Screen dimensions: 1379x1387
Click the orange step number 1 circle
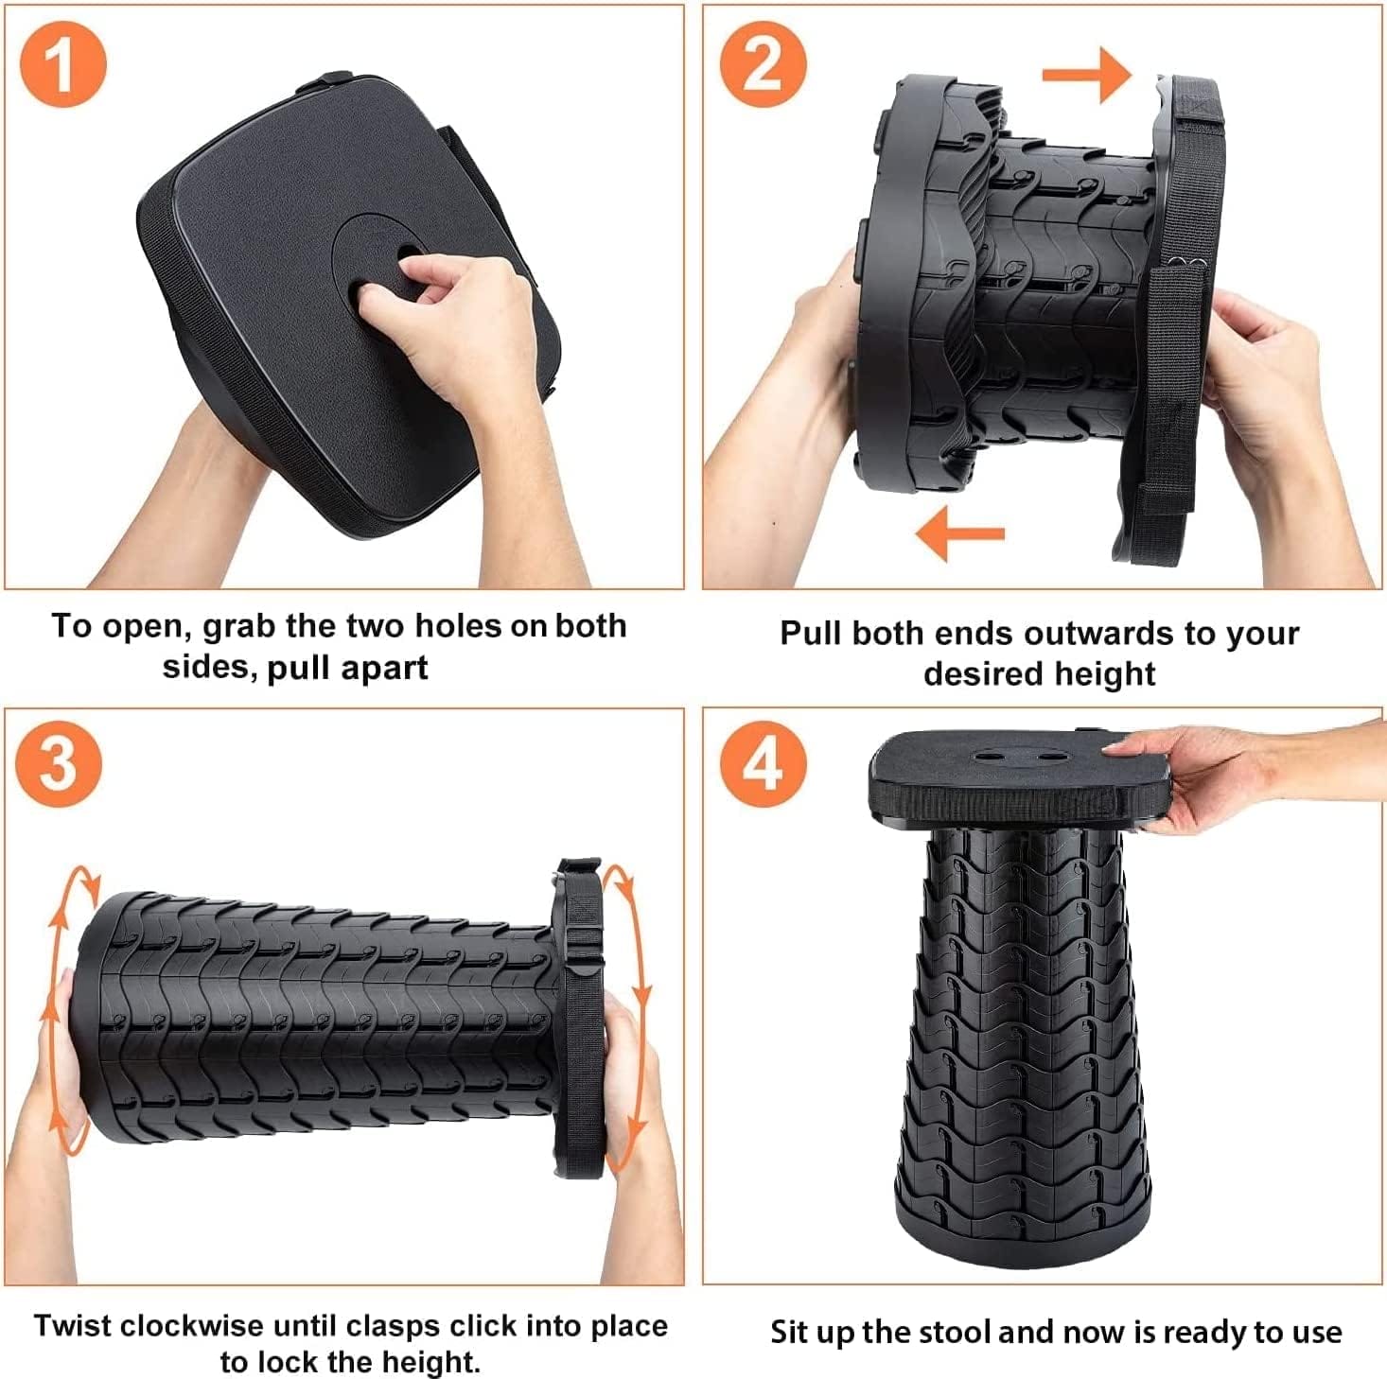(x=63, y=64)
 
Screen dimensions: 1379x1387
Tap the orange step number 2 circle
(x=763, y=64)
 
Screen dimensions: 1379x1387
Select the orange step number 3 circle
(x=59, y=763)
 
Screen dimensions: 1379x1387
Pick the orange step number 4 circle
(x=763, y=763)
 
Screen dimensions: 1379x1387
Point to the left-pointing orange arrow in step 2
(x=959, y=533)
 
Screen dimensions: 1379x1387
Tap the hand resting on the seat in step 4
(x=1192, y=771)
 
